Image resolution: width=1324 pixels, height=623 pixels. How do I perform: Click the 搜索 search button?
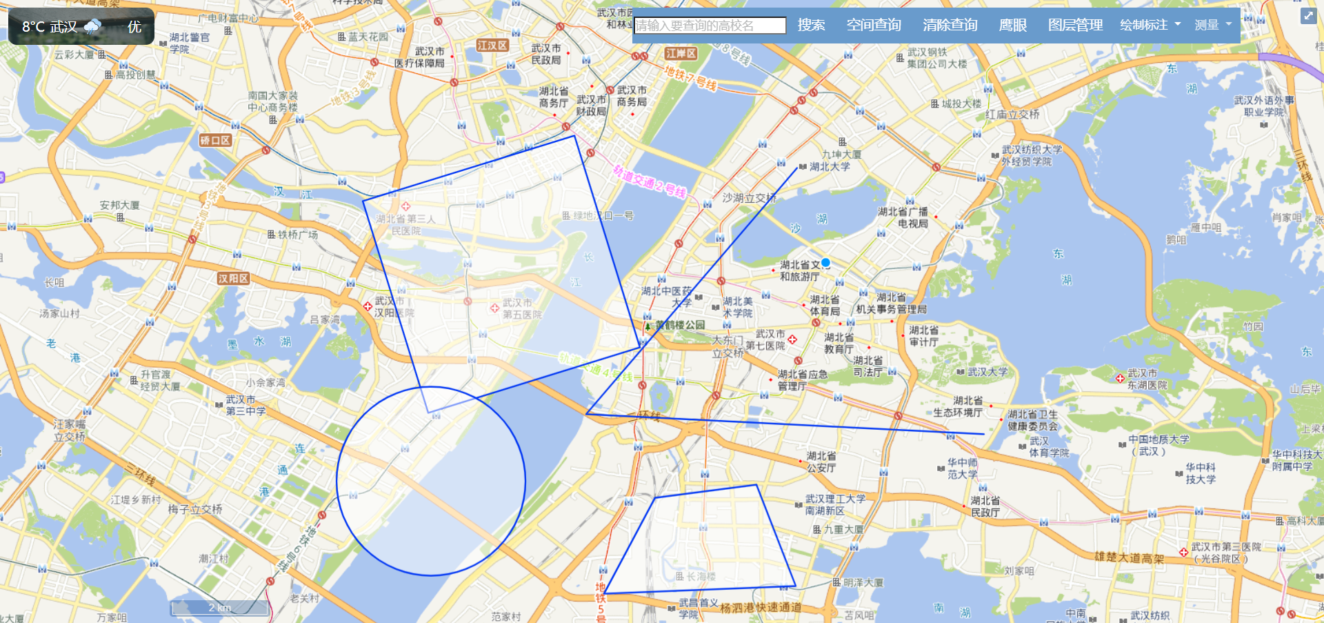[x=811, y=26]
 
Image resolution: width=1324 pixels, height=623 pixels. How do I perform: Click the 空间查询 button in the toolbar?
[x=874, y=26]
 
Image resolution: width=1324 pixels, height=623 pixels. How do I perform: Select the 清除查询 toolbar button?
[x=950, y=26]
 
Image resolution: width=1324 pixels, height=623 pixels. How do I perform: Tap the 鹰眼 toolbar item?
[x=1012, y=26]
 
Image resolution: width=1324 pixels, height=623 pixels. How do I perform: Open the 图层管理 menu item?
[x=1075, y=26]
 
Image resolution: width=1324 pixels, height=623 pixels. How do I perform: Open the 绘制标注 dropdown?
[x=1150, y=26]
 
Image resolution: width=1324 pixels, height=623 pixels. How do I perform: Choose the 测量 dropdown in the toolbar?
[x=1212, y=26]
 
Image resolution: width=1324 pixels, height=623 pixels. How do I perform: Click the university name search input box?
[x=710, y=26]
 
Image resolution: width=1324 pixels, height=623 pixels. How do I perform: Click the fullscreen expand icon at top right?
[x=1308, y=16]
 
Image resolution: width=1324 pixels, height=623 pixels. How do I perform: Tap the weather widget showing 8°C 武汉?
[x=81, y=27]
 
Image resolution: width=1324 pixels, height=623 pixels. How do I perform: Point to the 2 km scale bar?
[x=220, y=608]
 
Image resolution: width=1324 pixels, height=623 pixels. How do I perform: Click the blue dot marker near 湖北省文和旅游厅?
[x=825, y=263]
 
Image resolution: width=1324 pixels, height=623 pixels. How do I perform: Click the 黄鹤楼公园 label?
[x=680, y=325]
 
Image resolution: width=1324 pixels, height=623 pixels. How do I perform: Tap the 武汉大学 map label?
[x=987, y=372]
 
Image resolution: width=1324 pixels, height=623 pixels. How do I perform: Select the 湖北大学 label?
[x=830, y=167]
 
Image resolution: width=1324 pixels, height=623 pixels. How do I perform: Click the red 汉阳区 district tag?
[x=233, y=279]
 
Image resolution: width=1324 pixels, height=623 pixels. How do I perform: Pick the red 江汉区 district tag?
[x=492, y=46]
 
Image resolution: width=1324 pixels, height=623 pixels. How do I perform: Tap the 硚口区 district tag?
[x=215, y=141]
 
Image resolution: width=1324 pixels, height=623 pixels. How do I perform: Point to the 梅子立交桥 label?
[x=195, y=509]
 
